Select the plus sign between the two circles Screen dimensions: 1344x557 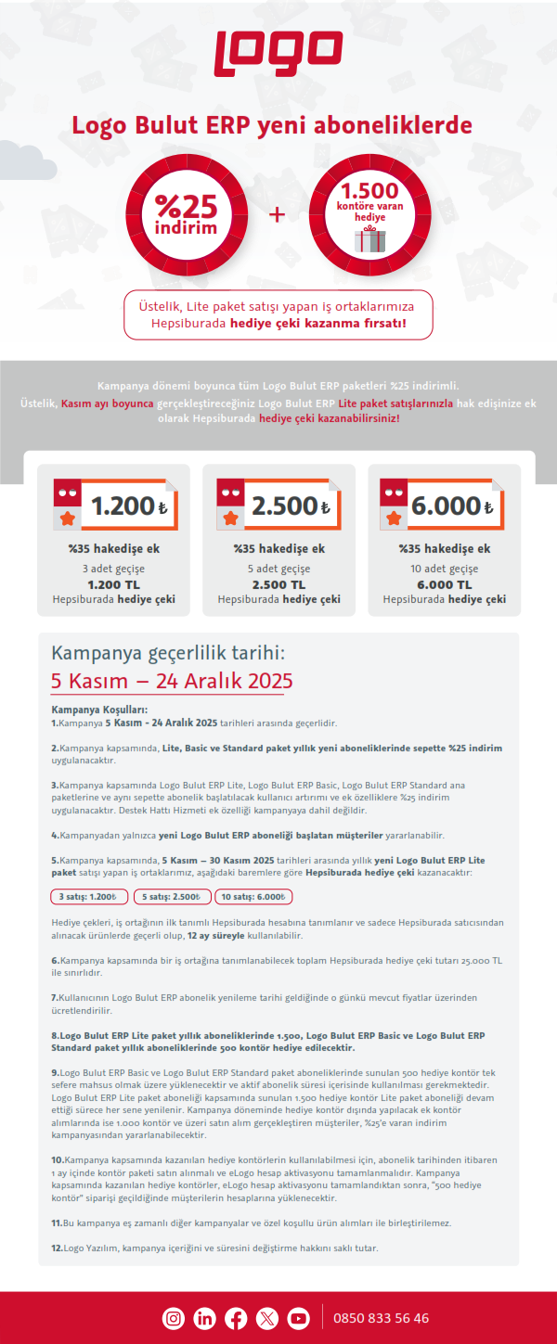pyautogui.click(x=277, y=215)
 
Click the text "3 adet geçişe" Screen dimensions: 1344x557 pyautogui.click(x=113, y=569)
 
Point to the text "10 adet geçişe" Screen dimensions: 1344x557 pyautogui.click(x=445, y=569)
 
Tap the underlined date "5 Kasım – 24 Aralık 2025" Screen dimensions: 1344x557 pyautogui.click(x=172, y=681)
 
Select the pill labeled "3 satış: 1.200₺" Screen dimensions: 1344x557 pyautogui.click(x=88, y=897)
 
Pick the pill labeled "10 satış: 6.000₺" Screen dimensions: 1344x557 pyautogui.click(x=253, y=897)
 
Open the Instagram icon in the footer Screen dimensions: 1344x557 pyautogui.click(x=174, y=1318)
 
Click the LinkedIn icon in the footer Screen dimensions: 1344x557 pyautogui.click(x=205, y=1318)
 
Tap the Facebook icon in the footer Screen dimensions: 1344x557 pyautogui.click(x=236, y=1318)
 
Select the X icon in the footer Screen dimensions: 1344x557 pyautogui.click(x=267, y=1318)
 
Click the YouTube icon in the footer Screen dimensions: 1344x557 pyautogui.click(x=298, y=1318)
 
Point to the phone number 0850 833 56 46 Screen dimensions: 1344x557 pyautogui.click(x=381, y=1318)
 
